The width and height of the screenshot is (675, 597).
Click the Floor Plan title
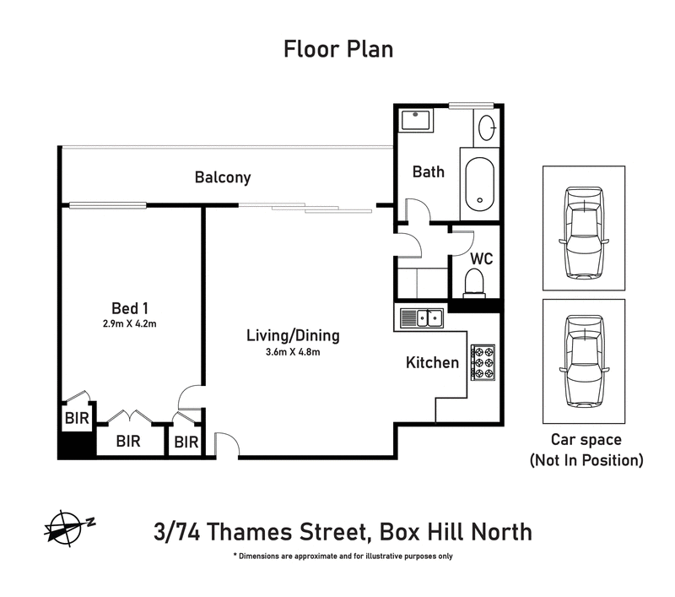click(337, 49)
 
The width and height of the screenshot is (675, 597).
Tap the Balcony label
click(223, 177)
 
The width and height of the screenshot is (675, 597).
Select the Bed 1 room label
click(130, 307)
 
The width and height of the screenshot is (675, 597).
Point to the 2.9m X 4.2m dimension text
click(130, 323)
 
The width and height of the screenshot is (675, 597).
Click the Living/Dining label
click(293, 335)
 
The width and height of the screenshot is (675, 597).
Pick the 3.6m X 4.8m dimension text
click(293, 352)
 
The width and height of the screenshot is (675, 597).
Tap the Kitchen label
click(433, 363)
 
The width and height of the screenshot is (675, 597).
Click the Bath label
click(429, 171)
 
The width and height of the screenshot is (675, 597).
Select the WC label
click(482, 258)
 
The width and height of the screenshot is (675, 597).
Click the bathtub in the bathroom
click(480, 183)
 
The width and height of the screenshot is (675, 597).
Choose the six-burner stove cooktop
click(485, 361)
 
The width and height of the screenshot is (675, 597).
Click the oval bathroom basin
click(487, 128)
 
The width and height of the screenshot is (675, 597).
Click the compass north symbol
click(64, 527)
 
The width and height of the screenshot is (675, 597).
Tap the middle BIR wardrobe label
click(127, 441)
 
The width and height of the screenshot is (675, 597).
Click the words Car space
click(586, 440)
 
